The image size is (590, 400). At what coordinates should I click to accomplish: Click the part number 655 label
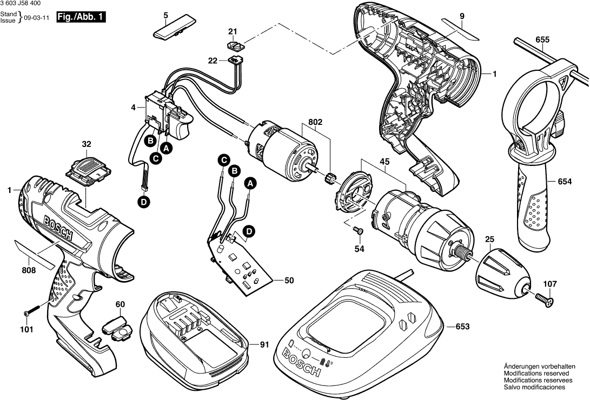pyautogui.click(x=542, y=39)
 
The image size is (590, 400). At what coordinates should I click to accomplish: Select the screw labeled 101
pyautogui.click(x=32, y=311)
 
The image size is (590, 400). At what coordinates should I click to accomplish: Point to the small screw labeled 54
pyautogui.click(x=357, y=231)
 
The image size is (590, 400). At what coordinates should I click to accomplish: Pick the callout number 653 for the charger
pyautogui.click(x=462, y=326)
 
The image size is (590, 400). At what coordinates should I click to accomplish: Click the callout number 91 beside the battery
pyautogui.click(x=264, y=344)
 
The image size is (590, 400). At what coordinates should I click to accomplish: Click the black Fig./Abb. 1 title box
pyautogui.click(x=81, y=17)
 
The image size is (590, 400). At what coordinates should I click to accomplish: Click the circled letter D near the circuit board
pyautogui.click(x=249, y=231)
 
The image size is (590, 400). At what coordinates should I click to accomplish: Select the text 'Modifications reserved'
pyautogui.click(x=535, y=374)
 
